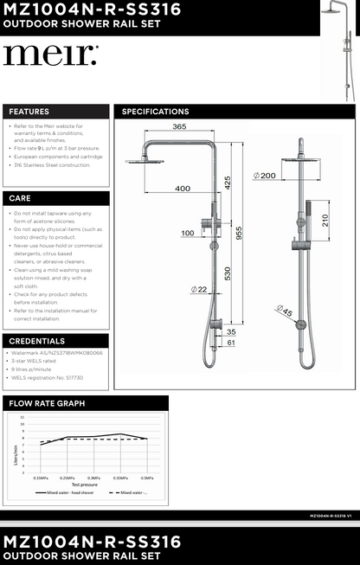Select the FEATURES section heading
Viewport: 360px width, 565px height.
[29, 112]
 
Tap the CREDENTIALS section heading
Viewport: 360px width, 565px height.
[36, 341]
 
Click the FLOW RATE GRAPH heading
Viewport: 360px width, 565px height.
[47, 403]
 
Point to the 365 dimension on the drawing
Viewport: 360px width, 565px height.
[179, 127]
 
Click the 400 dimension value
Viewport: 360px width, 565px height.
[183, 188]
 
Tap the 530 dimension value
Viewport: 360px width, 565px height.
[227, 274]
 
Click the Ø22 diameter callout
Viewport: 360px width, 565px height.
[198, 289]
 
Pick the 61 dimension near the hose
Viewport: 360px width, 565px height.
[230, 343]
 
